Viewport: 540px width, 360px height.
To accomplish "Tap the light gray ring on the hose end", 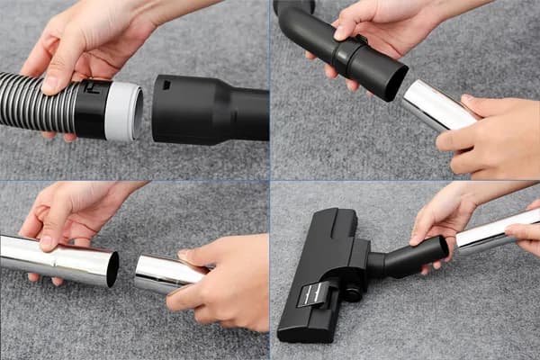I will point(123,111).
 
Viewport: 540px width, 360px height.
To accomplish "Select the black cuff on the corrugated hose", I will point(90,108).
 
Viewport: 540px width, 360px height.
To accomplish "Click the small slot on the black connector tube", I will point(167,85).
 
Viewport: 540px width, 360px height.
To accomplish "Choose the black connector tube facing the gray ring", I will point(207,108).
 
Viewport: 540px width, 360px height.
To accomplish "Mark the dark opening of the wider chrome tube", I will point(112,268).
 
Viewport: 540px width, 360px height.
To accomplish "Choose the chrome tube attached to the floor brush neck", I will point(495,229).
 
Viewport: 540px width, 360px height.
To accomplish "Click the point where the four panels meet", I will point(270,181).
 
